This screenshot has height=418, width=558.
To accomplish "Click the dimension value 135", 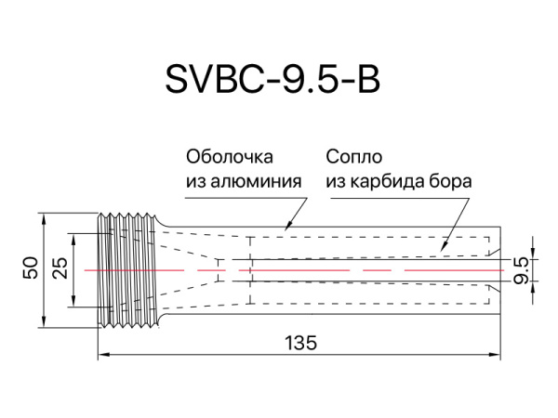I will pyautogui.click(x=299, y=343).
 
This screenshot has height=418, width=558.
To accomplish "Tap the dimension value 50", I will pyautogui.click(x=31, y=269).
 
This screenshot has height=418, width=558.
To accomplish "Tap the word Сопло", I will pyautogui.click(x=354, y=156).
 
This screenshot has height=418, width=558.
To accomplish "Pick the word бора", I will pyautogui.click(x=450, y=180).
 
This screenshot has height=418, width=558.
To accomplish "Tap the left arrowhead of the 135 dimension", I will pyautogui.click(x=103, y=354).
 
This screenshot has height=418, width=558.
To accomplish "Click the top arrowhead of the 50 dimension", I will pyautogui.click(x=45, y=217).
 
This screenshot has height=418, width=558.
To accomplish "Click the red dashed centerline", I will pyautogui.click(x=372, y=269).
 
